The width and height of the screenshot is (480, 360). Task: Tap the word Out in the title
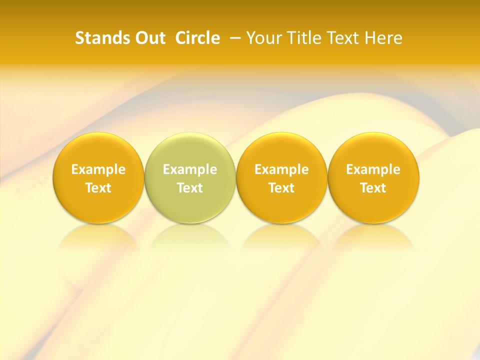click(x=148, y=38)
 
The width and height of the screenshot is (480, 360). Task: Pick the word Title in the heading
click(x=305, y=38)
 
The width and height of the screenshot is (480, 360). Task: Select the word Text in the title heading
click(x=344, y=38)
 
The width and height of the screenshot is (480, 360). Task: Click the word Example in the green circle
click(x=190, y=169)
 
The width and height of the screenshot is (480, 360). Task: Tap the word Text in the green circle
click(x=190, y=188)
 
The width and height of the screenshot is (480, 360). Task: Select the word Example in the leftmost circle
click(x=98, y=169)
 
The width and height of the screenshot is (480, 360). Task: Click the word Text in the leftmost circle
click(x=98, y=188)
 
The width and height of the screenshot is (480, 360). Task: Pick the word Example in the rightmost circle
click(x=373, y=169)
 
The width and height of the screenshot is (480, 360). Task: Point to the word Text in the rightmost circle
click(x=373, y=188)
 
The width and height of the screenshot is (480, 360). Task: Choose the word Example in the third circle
click(x=282, y=169)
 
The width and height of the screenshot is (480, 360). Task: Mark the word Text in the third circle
click(x=282, y=188)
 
